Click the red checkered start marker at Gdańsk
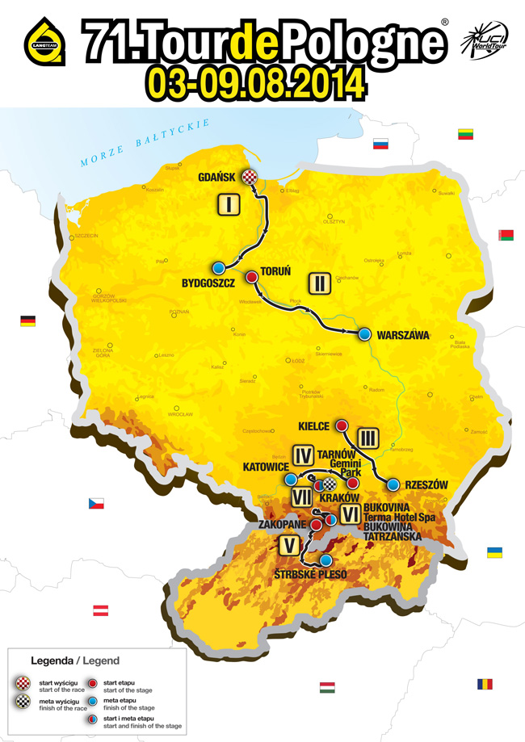click(x=254, y=178)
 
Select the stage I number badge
click(x=229, y=205)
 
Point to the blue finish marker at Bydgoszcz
click(x=218, y=267)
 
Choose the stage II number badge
click(x=320, y=283)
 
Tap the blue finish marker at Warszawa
click(x=365, y=333)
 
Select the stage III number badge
click(x=368, y=437)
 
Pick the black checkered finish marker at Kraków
click(x=330, y=484)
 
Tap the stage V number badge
click(x=287, y=546)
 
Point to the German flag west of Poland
click(x=28, y=321)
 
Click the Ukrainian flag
click(x=493, y=552)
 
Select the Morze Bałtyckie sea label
click(x=145, y=143)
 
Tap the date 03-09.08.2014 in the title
click(x=254, y=82)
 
